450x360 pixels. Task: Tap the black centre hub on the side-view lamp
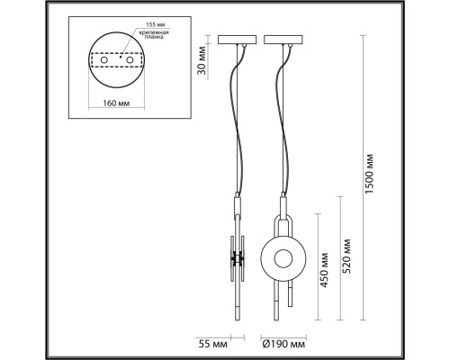pos(238,257)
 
